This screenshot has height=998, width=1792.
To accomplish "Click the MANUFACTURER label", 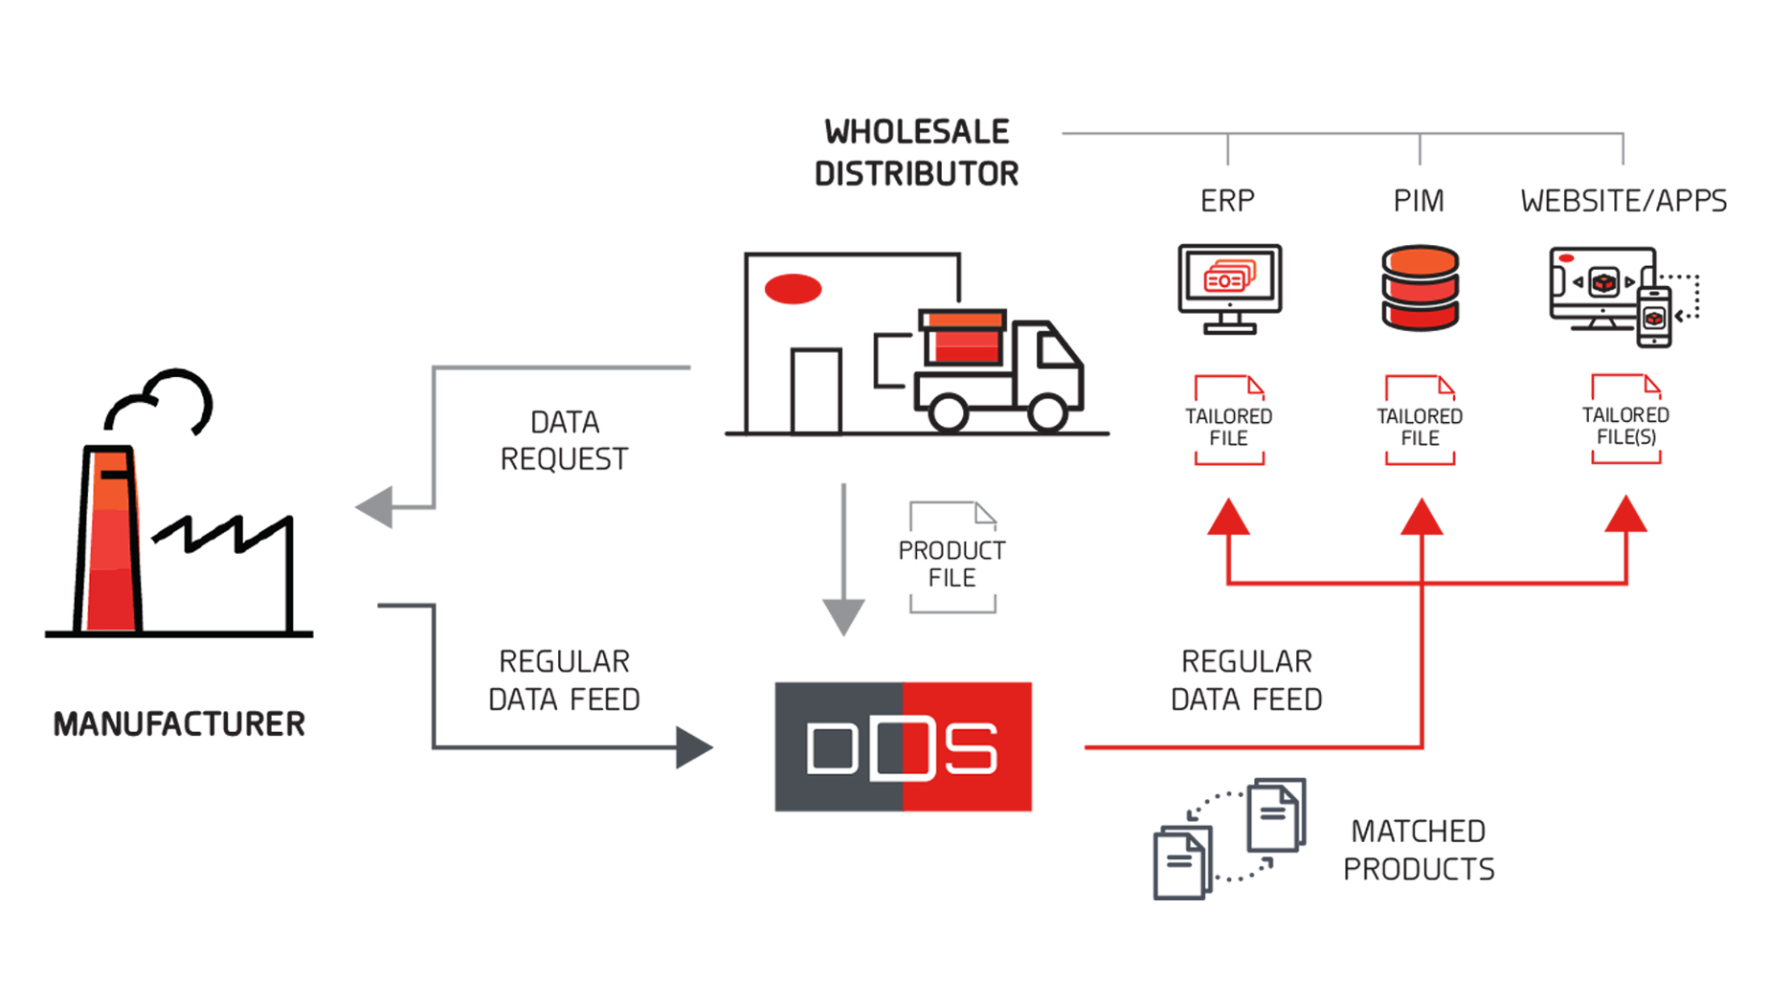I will (179, 724).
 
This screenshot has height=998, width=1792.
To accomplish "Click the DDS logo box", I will (903, 747).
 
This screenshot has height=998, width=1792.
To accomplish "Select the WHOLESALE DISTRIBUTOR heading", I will (916, 153).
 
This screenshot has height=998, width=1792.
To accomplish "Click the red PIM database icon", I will (1420, 288).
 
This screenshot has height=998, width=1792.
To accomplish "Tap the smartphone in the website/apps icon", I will (1654, 317).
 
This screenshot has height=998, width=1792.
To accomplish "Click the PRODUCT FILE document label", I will (952, 564).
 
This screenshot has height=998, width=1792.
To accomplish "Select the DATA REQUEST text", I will (564, 440).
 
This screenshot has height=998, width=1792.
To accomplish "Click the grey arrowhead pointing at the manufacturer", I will (376, 506).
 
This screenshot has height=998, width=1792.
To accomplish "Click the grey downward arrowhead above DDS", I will (843, 615).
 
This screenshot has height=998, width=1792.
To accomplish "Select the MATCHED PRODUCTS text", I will (1418, 850).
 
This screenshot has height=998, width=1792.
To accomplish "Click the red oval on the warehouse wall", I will (793, 288).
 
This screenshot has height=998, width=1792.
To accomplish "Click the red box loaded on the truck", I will (964, 338).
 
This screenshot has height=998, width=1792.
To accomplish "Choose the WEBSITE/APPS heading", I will (1624, 201).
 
